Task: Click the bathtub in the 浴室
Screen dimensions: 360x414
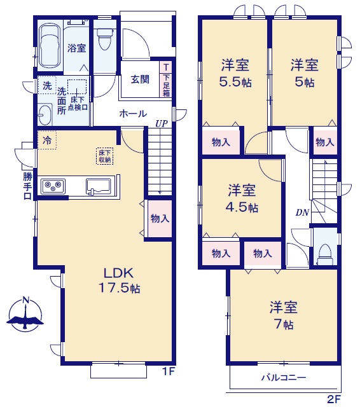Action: click(x=50, y=46)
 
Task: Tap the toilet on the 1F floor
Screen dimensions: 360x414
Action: click(x=105, y=39)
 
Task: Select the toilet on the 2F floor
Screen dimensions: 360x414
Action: click(x=325, y=254)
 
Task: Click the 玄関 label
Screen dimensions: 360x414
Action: click(x=140, y=79)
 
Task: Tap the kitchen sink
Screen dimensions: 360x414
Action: click(x=98, y=187)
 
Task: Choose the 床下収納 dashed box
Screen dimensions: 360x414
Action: click(x=104, y=156)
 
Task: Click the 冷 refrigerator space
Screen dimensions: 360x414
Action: click(x=47, y=140)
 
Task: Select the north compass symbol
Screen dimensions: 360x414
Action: click(x=25, y=315)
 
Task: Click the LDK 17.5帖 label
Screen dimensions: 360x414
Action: click(x=119, y=280)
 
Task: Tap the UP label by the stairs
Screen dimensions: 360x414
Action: click(x=162, y=124)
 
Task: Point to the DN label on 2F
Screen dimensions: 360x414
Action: click(x=302, y=212)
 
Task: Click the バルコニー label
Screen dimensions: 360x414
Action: click(x=284, y=378)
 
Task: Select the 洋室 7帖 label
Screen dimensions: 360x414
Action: click(x=284, y=315)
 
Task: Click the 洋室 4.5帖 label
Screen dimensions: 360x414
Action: click(x=242, y=198)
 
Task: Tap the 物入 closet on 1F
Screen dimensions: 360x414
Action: click(x=160, y=219)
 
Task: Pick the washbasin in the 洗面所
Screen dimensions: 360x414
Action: click(x=45, y=115)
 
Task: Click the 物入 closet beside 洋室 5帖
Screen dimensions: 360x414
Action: click(x=325, y=142)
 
